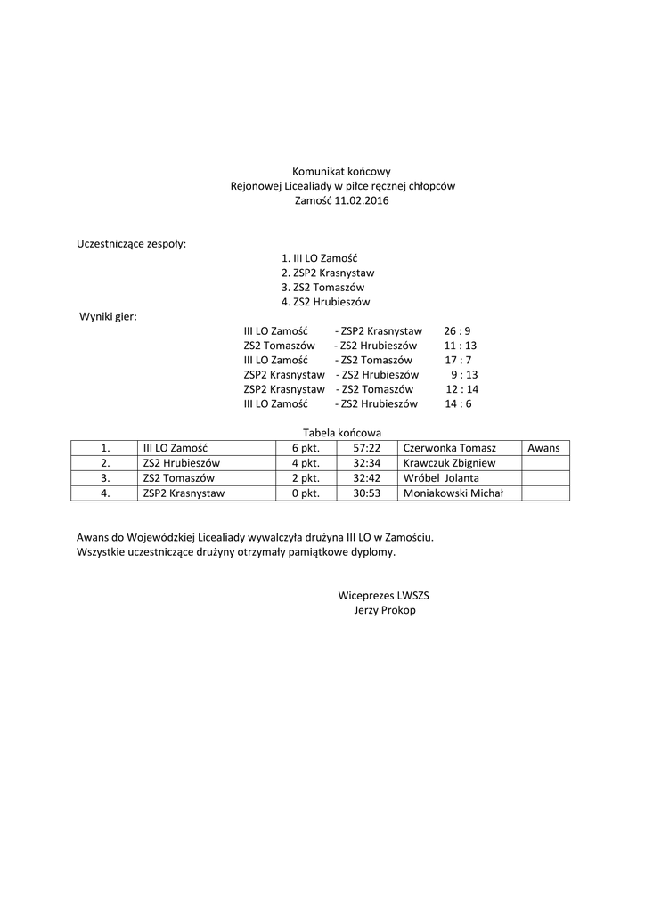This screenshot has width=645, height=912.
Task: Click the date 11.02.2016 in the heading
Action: pyautogui.click(x=363, y=201)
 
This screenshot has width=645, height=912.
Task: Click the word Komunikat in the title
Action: pyautogui.click(x=317, y=171)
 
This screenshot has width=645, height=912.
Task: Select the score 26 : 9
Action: pyautogui.click(x=457, y=330)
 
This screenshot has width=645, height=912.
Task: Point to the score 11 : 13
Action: pyautogui.click(x=460, y=346)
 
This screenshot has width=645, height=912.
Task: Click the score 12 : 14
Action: pyautogui.click(x=461, y=389)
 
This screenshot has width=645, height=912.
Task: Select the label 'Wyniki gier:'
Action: pyautogui.click(x=108, y=316)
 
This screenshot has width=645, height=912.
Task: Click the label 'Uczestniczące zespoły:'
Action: pyautogui.click(x=132, y=243)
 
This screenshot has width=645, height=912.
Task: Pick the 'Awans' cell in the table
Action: pyautogui.click(x=543, y=448)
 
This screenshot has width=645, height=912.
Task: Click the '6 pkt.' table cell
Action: pyautogui.click(x=306, y=448)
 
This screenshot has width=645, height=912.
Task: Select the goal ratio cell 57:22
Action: pyautogui.click(x=367, y=448)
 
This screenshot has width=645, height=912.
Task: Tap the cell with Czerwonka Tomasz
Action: pyautogui.click(x=450, y=448)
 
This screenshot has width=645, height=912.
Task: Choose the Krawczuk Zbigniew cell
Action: pyautogui.click(x=450, y=463)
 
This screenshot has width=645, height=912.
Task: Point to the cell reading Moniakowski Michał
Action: pyautogui.click(x=453, y=493)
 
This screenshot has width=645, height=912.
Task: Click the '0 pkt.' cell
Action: pyautogui.click(x=306, y=493)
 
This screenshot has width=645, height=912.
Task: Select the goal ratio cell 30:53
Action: pyautogui.click(x=367, y=493)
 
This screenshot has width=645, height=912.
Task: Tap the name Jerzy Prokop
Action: pyautogui.click(x=385, y=610)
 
